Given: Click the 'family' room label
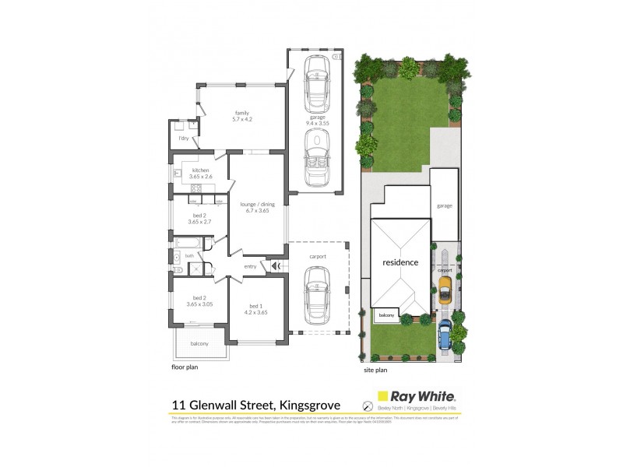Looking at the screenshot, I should (241, 112).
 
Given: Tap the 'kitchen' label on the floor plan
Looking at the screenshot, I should (200, 170).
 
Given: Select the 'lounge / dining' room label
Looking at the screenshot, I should (255, 202).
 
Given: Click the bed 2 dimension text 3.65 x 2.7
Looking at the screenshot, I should (200, 222).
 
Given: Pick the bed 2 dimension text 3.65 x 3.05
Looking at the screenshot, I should (200, 304).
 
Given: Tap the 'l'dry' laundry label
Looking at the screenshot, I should (184, 138).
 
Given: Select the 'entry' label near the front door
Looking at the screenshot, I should (250, 267).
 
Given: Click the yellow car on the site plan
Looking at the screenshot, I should (445, 288).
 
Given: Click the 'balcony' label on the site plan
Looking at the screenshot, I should (385, 315).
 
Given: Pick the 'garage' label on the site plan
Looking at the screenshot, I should (444, 205).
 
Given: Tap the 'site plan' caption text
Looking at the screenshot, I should (376, 371).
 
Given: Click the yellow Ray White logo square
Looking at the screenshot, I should (382, 397).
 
